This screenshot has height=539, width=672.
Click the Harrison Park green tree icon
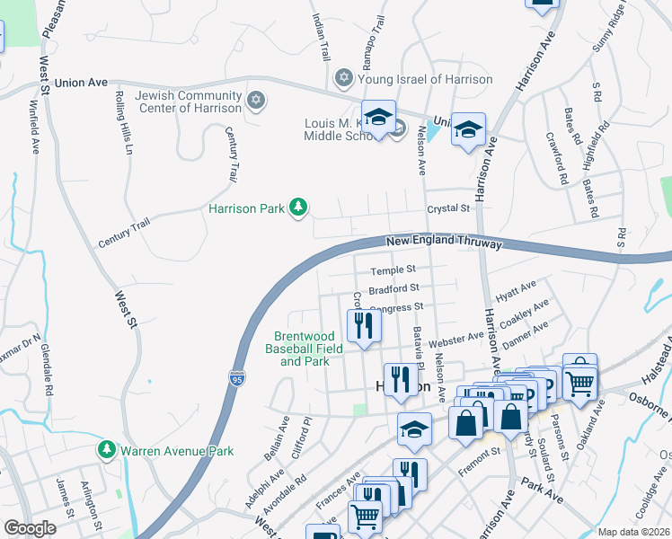pyautogui.click(x=298, y=208)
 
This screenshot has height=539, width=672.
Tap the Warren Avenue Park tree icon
pyautogui.click(x=107, y=449)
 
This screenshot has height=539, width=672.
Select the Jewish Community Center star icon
pyautogui.click(x=256, y=100)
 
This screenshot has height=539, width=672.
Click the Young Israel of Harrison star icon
pyautogui.click(x=342, y=79)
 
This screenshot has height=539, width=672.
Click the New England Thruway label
pyautogui.click(x=444, y=242)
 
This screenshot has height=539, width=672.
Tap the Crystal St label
pyautogui.click(x=448, y=208)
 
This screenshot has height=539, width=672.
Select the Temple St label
pyautogui.click(x=393, y=269)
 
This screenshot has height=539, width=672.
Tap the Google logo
pyautogui.click(x=29, y=528)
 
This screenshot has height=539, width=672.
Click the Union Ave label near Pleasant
pyautogui.click(x=81, y=83)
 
